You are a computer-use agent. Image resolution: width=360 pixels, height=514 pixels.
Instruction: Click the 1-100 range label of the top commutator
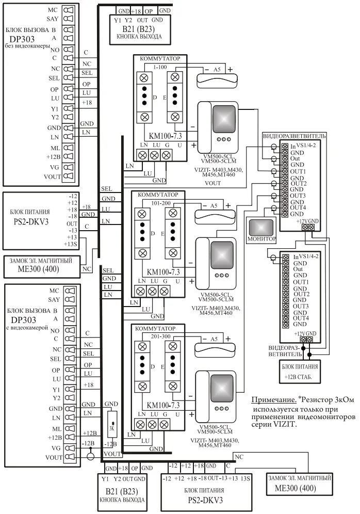pos(159,68)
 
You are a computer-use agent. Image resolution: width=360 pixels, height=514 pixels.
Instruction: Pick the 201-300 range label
pos(159,336)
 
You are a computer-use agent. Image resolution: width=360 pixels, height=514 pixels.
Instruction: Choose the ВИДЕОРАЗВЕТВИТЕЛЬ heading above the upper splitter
pos(294,135)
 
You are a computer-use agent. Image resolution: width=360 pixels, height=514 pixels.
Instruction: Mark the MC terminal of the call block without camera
pos(53,10)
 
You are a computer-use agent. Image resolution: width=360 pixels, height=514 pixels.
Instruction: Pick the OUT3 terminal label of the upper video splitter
pos(298,196)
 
